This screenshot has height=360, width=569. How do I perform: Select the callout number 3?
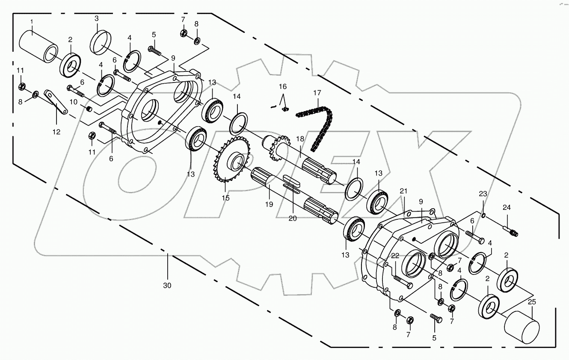tap(96, 18)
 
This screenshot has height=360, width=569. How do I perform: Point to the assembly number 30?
tap(167, 285)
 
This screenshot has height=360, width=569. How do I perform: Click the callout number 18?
tap(299, 139)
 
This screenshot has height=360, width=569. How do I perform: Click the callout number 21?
tap(403, 191)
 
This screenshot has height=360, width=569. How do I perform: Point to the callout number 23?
tap(483, 193)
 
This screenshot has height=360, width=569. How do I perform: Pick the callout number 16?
tap(282, 86)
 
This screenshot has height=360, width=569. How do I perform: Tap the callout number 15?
tap(225, 198)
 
